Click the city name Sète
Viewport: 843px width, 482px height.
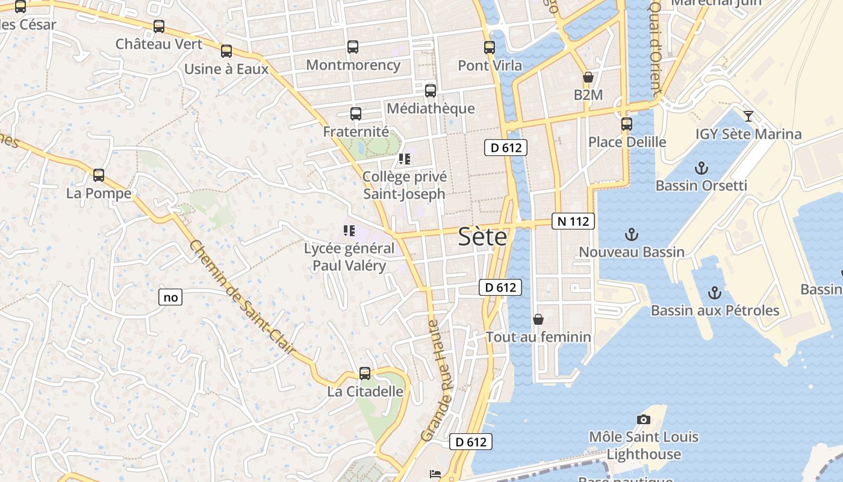482,237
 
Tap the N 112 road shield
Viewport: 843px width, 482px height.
573,221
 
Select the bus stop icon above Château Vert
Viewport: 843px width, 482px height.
159,27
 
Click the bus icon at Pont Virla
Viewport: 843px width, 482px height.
490,48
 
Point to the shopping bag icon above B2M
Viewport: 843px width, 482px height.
588,77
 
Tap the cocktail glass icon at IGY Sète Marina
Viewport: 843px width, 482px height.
748,116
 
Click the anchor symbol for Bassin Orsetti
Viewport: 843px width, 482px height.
701,168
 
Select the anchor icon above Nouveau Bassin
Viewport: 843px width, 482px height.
632,234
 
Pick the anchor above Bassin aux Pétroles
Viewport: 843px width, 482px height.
715,293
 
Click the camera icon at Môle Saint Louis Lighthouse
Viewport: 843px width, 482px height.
644,419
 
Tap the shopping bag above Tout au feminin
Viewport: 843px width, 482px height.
538,319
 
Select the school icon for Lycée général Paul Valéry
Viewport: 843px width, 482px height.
349,230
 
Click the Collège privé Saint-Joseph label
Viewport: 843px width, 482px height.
405,185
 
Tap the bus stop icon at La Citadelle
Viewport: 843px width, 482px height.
365,374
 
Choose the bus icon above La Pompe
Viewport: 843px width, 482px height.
99,175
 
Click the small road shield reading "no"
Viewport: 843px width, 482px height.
171,297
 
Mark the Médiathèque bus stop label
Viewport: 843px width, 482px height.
431,108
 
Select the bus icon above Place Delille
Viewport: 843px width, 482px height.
627,124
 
